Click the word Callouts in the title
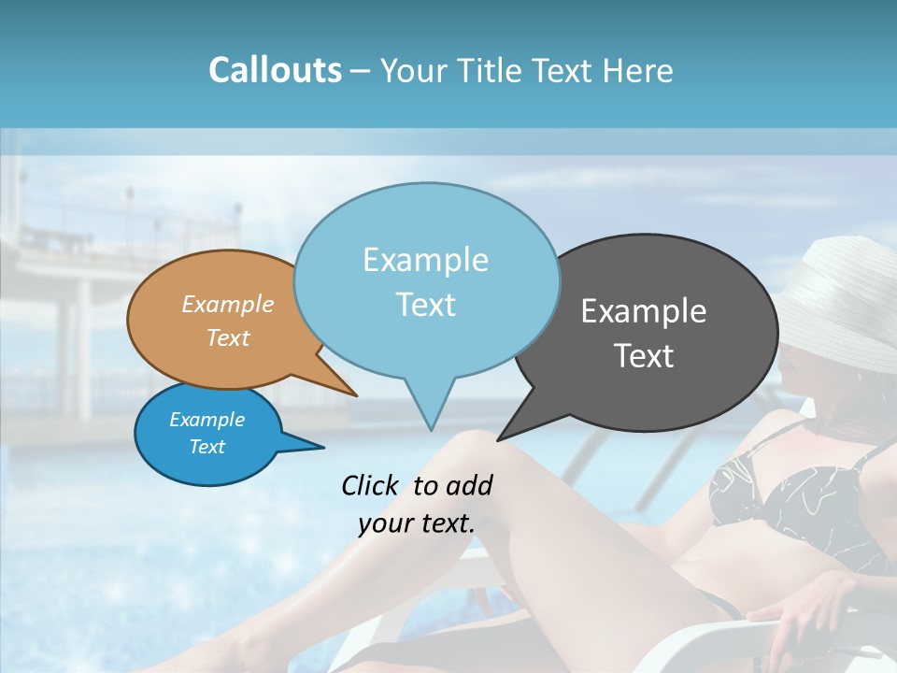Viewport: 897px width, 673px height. point(275,70)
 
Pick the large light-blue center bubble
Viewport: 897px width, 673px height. point(426,280)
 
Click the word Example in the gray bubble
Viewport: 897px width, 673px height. point(644,311)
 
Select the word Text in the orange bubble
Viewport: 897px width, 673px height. point(228,338)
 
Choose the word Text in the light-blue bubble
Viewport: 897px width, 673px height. point(426,305)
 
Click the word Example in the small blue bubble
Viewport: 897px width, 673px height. point(207,420)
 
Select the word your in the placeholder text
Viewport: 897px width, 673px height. point(387,523)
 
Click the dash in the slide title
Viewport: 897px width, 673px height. point(361,71)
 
